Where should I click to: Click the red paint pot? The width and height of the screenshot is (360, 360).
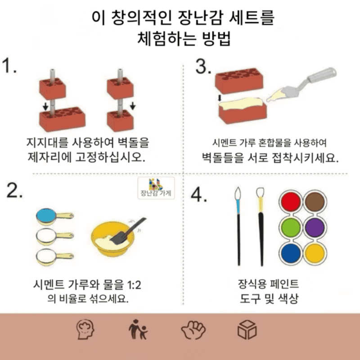[291, 201]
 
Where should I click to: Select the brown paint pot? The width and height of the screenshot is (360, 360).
[315, 201]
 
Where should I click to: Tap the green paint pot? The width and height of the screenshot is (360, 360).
[291, 227]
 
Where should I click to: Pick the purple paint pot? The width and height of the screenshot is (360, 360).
[315, 227]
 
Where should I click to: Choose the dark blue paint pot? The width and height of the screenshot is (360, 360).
[291, 253]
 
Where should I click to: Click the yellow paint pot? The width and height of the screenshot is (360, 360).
[315, 253]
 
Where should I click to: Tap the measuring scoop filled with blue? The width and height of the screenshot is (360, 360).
[54, 216]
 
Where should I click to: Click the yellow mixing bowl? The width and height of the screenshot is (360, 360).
[112, 239]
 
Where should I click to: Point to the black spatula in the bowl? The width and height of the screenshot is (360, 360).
[128, 231]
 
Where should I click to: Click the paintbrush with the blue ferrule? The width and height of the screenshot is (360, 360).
[238, 226]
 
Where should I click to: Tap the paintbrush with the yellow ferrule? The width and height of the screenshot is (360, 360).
[261, 227]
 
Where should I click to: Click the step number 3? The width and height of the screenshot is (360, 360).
[203, 67]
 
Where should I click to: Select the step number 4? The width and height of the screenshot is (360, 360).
[198, 195]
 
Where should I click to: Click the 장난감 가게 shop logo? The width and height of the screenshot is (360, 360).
[156, 188]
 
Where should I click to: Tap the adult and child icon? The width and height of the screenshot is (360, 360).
[138, 330]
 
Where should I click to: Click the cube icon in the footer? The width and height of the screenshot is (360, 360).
[247, 330]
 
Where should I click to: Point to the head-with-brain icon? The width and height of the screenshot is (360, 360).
[85, 329]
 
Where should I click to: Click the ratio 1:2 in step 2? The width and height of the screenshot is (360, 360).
[134, 285]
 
